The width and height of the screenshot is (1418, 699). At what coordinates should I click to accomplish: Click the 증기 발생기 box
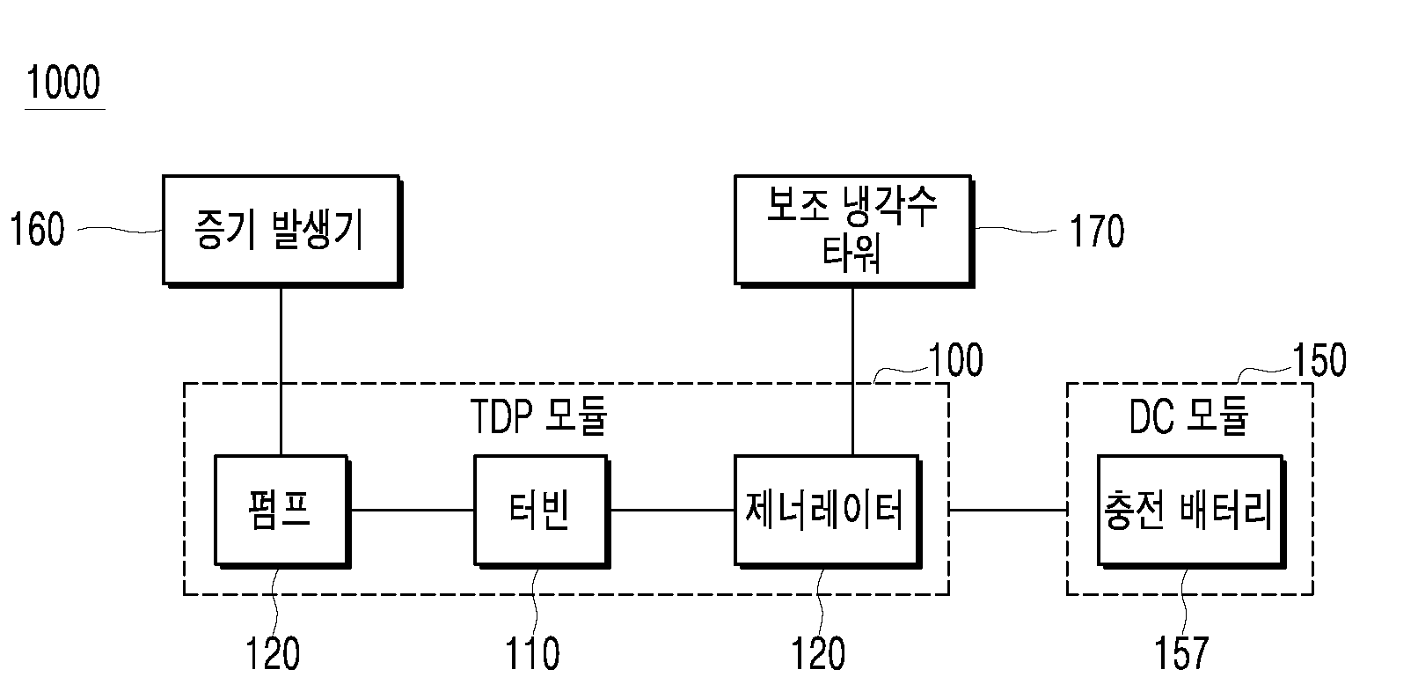(x=282, y=231)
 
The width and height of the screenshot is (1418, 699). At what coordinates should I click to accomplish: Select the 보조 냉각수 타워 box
(x=854, y=231)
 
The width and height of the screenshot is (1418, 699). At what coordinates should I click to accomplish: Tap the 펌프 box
(x=282, y=511)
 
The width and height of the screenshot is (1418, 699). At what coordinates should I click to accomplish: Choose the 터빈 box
(x=542, y=511)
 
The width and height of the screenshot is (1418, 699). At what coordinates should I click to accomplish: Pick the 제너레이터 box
(x=828, y=511)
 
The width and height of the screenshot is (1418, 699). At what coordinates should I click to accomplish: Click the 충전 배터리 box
(x=1191, y=511)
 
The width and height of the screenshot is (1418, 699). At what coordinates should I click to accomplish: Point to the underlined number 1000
(x=63, y=83)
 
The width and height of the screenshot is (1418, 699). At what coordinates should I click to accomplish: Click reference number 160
(x=37, y=230)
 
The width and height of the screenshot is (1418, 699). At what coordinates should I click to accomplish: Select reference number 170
(x=1097, y=231)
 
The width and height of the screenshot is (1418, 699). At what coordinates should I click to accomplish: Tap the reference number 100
(x=956, y=360)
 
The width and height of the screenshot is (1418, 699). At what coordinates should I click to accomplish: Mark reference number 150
(x=1319, y=360)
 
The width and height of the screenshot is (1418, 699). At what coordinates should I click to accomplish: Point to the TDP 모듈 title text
(x=538, y=416)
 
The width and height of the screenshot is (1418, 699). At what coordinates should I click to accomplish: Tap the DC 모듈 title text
(x=1188, y=416)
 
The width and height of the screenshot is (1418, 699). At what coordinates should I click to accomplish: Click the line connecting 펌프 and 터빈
(x=413, y=510)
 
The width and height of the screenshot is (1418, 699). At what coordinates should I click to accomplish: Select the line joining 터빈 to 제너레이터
(x=672, y=510)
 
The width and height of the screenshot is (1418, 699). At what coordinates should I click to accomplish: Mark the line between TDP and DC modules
(x=1008, y=510)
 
